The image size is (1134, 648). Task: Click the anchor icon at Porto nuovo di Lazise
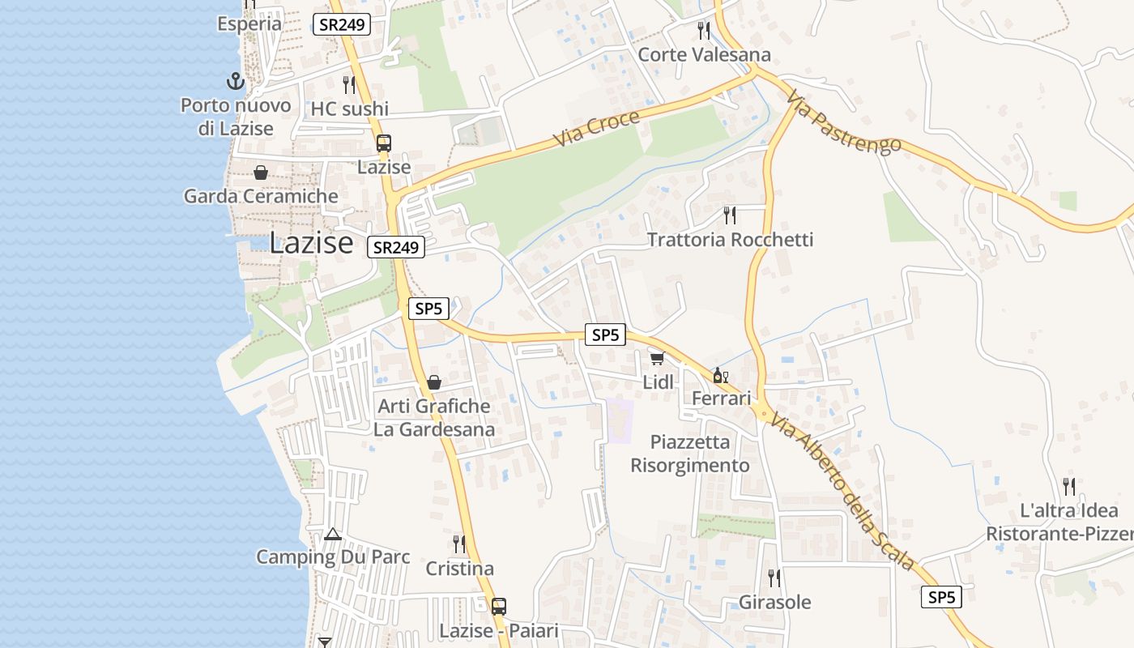pyautogui.click(x=235, y=81)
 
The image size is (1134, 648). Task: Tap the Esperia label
pyautogui.click(x=249, y=23)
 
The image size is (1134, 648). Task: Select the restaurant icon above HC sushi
pyautogui.click(x=349, y=85)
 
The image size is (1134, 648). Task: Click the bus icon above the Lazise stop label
pyautogui.click(x=384, y=143)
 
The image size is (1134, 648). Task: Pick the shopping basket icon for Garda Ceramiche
pyautogui.click(x=261, y=173)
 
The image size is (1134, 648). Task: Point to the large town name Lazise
pyautogui.click(x=311, y=242)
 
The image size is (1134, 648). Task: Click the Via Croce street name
pyautogui.click(x=598, y=128)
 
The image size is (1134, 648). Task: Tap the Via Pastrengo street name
pyautogui.click(x=843, y=122)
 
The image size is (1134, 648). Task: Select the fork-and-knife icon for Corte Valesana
pyautogui.click(x=704, y=31)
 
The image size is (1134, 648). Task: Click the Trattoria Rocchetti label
pyautogui.click(x=730, y=240)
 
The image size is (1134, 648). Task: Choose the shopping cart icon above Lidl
pyautogui.click(x=657, y=358)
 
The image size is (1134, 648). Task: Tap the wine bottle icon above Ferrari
pyautogui.click(x=720, y=375)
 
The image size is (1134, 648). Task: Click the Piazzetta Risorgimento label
pyautogui.click(x=690, y=454)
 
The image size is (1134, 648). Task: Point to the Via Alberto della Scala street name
pyautogui.click(x=843, y=492)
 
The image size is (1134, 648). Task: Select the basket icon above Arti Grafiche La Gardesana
pyautogui.click(x=434, y=382)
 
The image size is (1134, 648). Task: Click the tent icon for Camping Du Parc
pyautogui.click(x=333, y=535)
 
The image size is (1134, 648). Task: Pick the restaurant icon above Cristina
pyautogui.click(x=459, y=544)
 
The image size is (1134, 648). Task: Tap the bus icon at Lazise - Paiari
pyautogui.click(x=499, y=606)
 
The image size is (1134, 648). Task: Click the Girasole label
pyautogui.click(x=774, y=603)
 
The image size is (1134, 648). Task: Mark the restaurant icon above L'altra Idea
pyautogui.click(x=1069, y=487)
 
